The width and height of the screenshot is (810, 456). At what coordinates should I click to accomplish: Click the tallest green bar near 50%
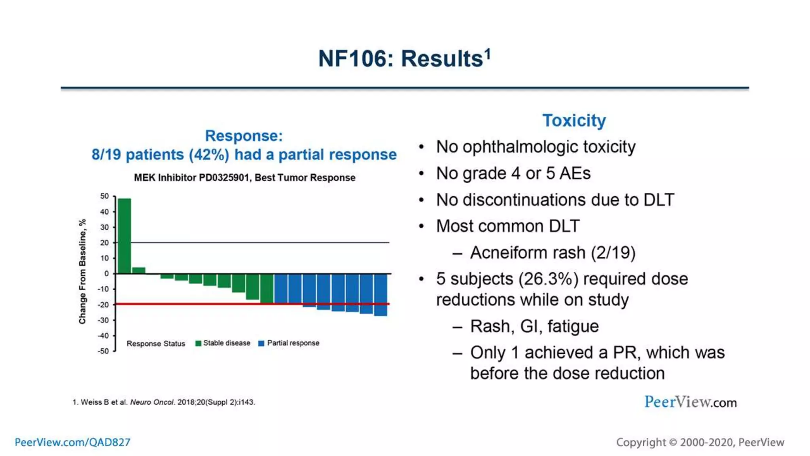pos(124,236)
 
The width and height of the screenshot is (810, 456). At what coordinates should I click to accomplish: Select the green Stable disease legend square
pos(198,343)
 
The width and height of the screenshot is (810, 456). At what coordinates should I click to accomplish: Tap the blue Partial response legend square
pos(261,343)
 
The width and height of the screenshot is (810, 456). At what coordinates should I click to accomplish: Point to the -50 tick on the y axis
pos(104,351)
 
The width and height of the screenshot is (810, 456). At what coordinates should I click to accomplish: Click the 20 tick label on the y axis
pos(104,243)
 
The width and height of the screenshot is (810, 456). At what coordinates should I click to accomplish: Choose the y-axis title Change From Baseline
pos(82,272)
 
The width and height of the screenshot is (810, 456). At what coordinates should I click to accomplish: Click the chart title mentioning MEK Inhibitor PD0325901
pos(244,178)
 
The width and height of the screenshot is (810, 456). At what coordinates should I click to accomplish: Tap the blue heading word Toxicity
pos(573,120)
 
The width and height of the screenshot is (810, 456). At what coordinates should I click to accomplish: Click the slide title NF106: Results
pos(404,59)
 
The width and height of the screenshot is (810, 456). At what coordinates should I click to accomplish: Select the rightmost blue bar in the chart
pos(380,294)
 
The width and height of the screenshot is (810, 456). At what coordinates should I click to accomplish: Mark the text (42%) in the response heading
pos(209,155)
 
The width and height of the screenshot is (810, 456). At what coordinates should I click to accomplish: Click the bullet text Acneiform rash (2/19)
pos(552,253)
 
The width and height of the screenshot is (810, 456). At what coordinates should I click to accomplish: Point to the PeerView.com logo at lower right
pos(690,402)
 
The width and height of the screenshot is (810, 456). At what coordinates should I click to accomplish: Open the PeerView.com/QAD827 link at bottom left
pos(72,442)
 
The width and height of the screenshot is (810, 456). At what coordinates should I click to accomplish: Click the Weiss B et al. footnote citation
pos(164,402)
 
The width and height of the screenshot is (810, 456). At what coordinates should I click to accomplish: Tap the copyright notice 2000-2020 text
pos(700,442)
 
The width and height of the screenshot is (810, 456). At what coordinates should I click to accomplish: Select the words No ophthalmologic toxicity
pos(536,147)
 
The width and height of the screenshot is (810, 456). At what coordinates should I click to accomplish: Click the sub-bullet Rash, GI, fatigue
pos(534,327)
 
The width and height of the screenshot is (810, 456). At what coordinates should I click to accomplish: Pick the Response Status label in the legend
pos(155,344)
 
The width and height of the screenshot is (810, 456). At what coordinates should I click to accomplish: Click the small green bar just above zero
pos(138,270)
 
